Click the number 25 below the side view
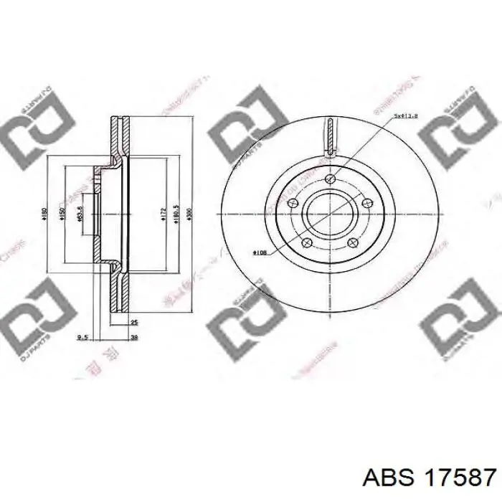pyautogui.click(x=134, y=323)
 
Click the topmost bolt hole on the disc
pyautogui.click(x=329, y=178)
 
